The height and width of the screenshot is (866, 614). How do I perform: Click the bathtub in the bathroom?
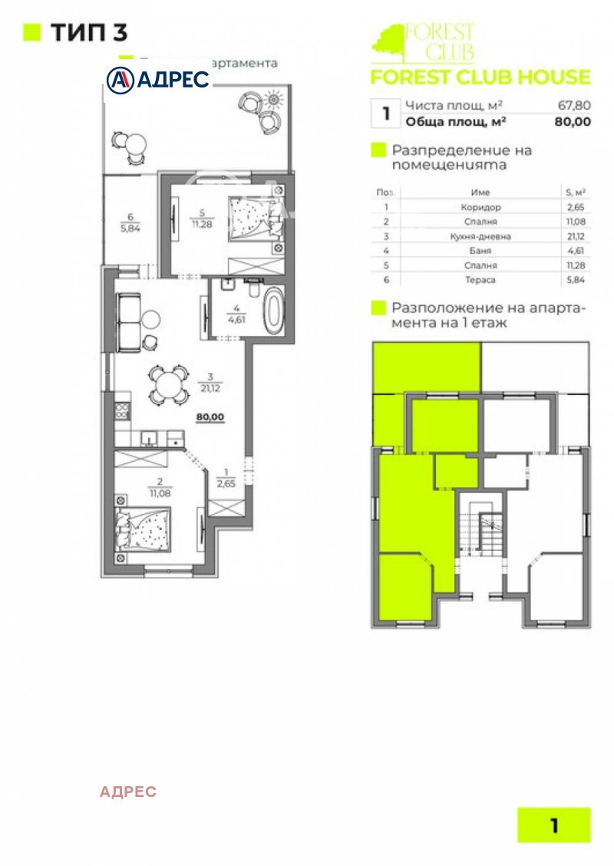(x=273, y=311)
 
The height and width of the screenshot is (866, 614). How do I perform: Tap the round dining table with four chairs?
(x=168, y=384)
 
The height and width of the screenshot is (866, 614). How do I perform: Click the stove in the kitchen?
(x=121, y=410)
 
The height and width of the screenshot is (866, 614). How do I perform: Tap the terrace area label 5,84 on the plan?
(x=131, y=228)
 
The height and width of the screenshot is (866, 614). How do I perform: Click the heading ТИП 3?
(x=88, y=32)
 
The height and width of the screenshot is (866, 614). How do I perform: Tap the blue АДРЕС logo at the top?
(x=159, y=79)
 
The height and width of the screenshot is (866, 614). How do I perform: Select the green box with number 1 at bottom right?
(x=554, y=825)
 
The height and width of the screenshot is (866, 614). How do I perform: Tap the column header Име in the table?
(x=480, y=193)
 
